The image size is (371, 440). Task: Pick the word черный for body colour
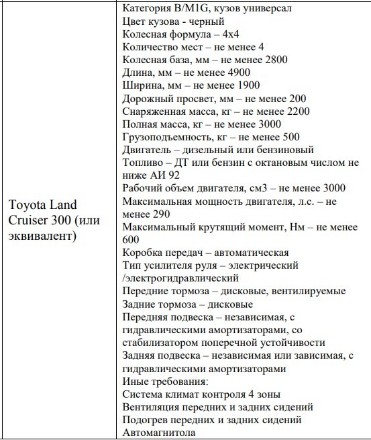pyautogui.click(x=207, y=23)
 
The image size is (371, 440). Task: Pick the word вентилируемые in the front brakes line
pyautogui.click(x=305, y=291)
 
